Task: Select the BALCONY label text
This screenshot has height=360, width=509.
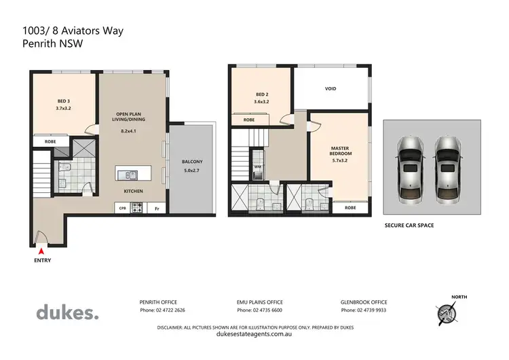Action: click(x=192, y=161)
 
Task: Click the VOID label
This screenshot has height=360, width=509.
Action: click(x=331, y=88)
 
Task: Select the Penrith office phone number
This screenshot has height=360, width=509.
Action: click(x=162, y=310)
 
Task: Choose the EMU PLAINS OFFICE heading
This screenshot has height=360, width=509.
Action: click(x=260, y=302)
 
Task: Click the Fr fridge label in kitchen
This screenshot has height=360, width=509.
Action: click(x=157, y=209)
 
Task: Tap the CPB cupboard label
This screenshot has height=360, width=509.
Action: click(x=123, y=209)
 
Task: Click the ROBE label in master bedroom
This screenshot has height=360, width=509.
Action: click(x=350, y=207)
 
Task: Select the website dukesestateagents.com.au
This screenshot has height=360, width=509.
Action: click(x=255, y=334)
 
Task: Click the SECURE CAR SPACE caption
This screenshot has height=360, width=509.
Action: click(x=409, y=225)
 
